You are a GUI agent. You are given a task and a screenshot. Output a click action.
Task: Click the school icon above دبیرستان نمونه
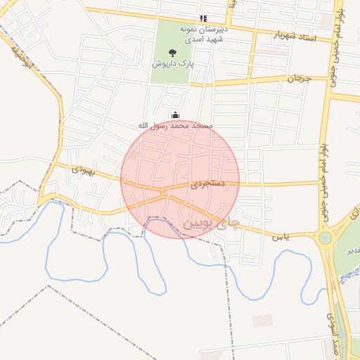point(203,18)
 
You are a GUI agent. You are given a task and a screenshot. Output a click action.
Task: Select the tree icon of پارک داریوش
point(173,52)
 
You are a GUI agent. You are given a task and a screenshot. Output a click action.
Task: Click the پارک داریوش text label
point(173,63)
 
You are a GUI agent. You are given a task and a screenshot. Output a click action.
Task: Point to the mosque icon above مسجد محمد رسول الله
point(174,115)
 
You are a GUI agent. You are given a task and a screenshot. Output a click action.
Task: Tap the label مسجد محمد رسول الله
point(174,125)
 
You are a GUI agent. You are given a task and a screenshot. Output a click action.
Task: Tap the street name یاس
point(302,238)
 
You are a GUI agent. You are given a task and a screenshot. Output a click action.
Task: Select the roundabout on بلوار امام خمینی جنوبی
point(325,238)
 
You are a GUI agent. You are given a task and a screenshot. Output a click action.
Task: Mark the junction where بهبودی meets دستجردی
point(163,191)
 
